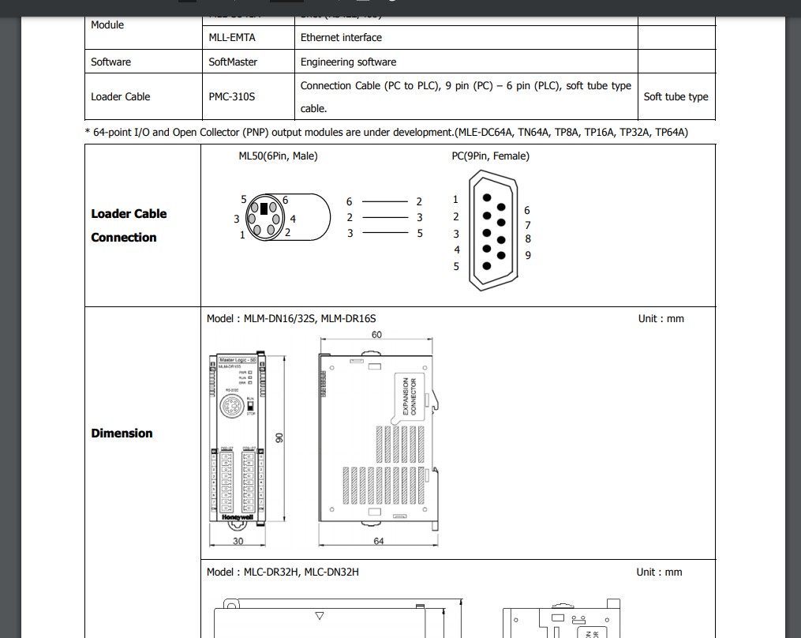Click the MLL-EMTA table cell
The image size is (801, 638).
232,37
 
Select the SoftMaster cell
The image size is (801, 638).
233,62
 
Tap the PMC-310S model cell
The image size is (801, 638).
232,96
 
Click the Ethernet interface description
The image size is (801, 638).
341,37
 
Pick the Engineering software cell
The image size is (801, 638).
348,62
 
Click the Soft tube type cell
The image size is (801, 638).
676,96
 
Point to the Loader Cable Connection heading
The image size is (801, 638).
129,225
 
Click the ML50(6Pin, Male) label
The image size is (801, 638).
278,156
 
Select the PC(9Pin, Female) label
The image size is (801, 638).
490,156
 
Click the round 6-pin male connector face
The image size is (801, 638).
264,216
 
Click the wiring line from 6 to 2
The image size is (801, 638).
385,202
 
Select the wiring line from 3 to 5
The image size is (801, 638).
385,233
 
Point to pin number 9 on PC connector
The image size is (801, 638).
528,255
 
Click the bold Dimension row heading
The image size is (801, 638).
122,433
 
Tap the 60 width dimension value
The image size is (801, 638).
376,335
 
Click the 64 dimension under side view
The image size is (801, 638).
378,541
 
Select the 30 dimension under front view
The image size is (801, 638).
238,541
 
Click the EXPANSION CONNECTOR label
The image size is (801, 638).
410,396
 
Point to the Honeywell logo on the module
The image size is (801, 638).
238,517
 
